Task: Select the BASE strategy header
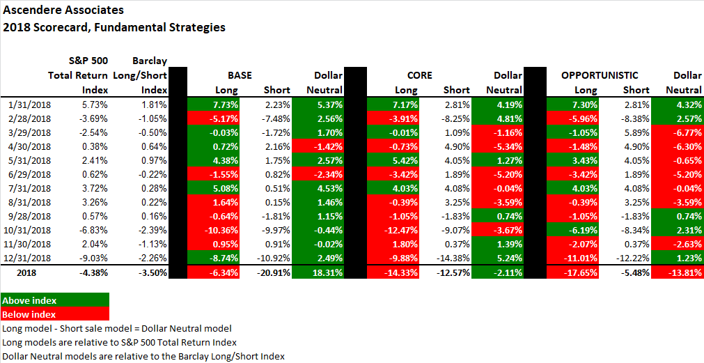tap(240, 75)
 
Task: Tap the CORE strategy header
tap(419, 75)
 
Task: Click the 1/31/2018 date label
tap(31, 104)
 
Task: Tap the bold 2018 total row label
tap(26, 272)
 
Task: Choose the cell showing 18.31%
tap(319, 272)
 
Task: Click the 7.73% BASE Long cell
tap(214, 104)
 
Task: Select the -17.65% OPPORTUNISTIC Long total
tap(574, 272)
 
